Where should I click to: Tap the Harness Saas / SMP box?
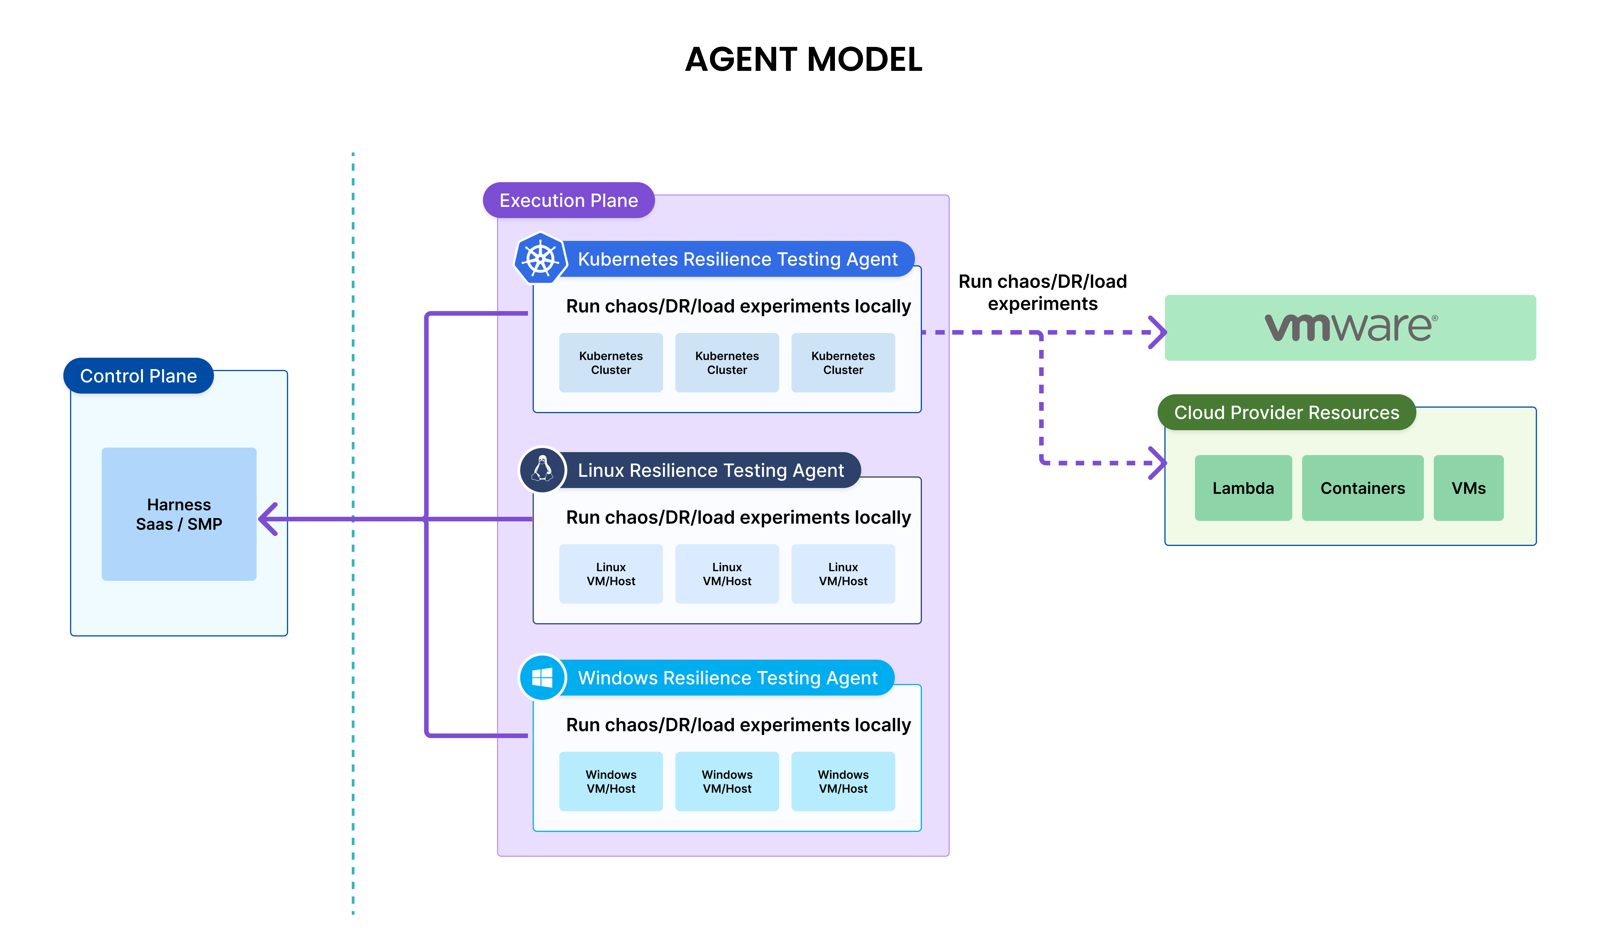point(179,514)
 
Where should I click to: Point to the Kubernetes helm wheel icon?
point(541,259)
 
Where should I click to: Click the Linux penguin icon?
point(542,469)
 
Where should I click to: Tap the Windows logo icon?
point(542,677)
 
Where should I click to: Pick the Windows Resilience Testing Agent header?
point(727,678)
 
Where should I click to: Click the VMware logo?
point(1350,327)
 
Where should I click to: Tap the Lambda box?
point(1243,488)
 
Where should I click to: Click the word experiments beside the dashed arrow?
point(1042,304)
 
